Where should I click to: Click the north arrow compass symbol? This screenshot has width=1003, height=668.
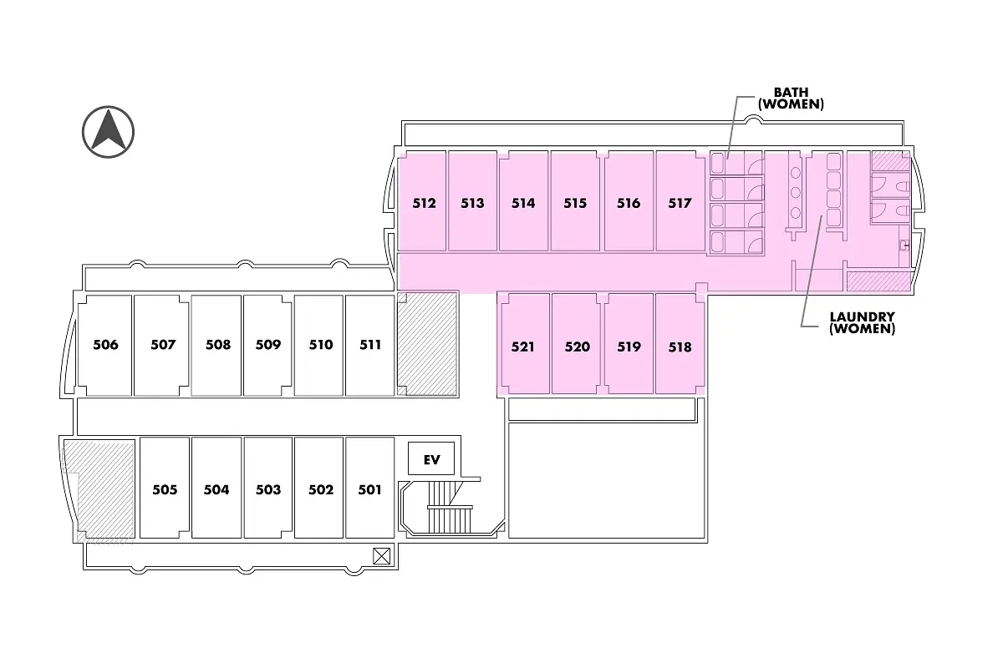tap(109, 132)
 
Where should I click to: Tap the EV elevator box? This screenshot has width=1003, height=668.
tap(431, 459)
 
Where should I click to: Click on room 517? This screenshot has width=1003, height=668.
tap(680, 202)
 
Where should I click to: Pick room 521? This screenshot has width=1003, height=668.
tap(524, 345)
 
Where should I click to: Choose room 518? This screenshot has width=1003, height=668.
tap(680, 345)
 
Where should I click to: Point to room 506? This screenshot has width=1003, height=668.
tap(105, 345)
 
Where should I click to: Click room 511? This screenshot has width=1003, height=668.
tap(370, 345)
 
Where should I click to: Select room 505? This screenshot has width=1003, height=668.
tap(165, 488)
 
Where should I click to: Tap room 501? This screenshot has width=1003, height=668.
tap(369, 488)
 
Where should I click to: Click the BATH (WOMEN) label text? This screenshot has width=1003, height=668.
tap(791, 99)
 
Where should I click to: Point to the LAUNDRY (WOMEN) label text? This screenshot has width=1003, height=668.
tap(862, 323)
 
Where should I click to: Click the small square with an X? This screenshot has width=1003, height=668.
tap(382, 555)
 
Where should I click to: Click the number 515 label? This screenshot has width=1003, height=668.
tap(575, 203)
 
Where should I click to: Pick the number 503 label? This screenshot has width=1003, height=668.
tap(268, 490)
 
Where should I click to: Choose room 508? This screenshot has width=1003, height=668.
tap(217, 345)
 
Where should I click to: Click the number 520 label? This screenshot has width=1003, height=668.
tap(578, 347)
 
